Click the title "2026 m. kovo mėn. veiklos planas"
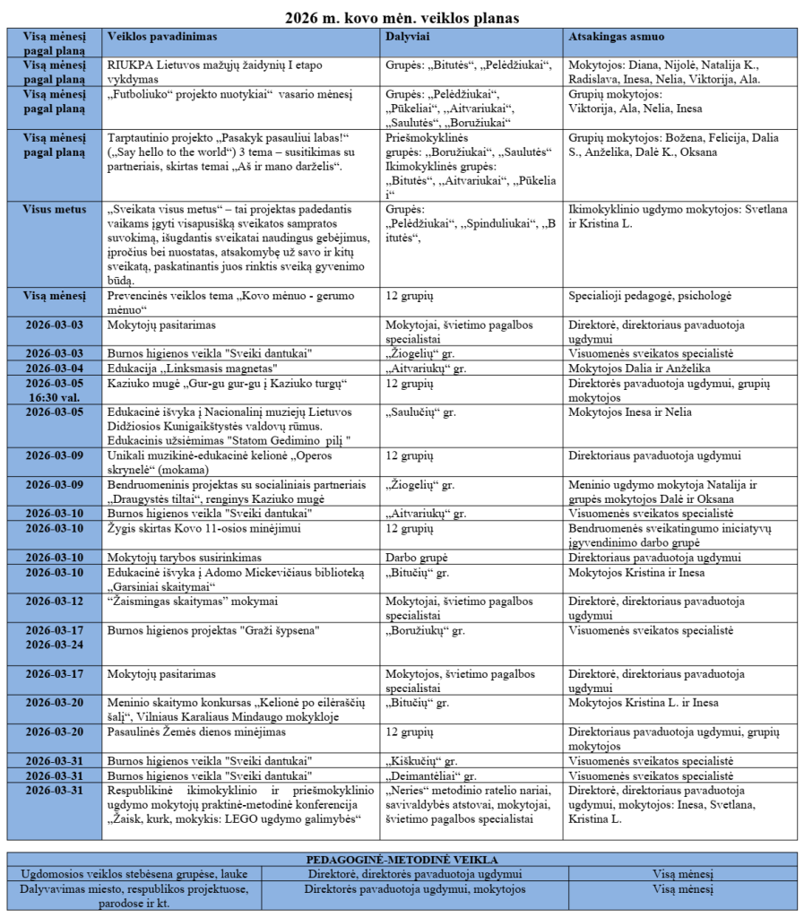[402, 17]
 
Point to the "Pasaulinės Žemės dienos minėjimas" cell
[197, 732]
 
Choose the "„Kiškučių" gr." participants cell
[422, 761]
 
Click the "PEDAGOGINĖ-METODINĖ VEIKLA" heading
[402, 860]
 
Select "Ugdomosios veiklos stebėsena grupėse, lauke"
[134, 873]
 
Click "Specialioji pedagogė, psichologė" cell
[650, 295]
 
